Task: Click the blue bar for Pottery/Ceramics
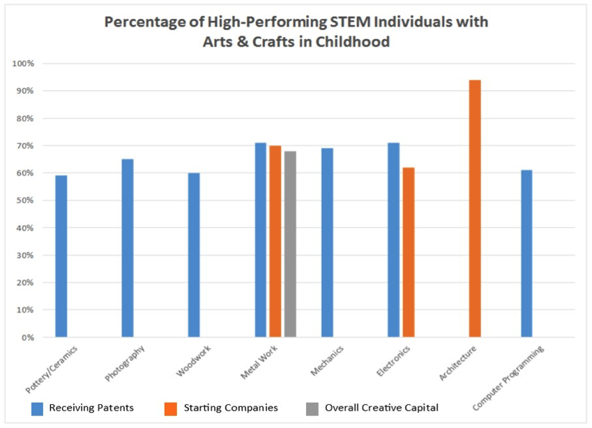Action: pos(61,256)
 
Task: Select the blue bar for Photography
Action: pos(128,248)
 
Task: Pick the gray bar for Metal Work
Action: pos(290,244)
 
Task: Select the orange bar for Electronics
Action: pos(409,252)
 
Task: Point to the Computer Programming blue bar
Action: pos(527,253)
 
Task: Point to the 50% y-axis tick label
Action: pos(25,200)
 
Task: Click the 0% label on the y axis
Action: pos(28,337)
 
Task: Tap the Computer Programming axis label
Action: pos(509,376)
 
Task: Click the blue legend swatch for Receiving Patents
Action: pos(38,408)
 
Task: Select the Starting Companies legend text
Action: pos(231,408)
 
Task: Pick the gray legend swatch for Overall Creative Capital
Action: pos(312,408)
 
